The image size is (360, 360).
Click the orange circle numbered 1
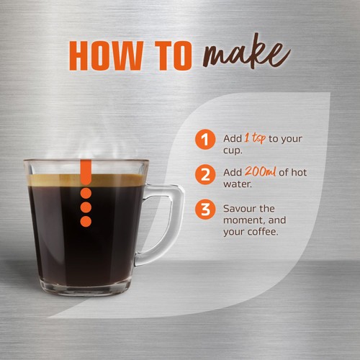(206, 139)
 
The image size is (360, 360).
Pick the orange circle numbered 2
(206, 175)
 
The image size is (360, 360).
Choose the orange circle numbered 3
(206, 210)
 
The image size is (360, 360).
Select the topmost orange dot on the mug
(86, 193)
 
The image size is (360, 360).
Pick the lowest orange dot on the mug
(86, 221)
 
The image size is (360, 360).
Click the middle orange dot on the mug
(86, 207)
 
